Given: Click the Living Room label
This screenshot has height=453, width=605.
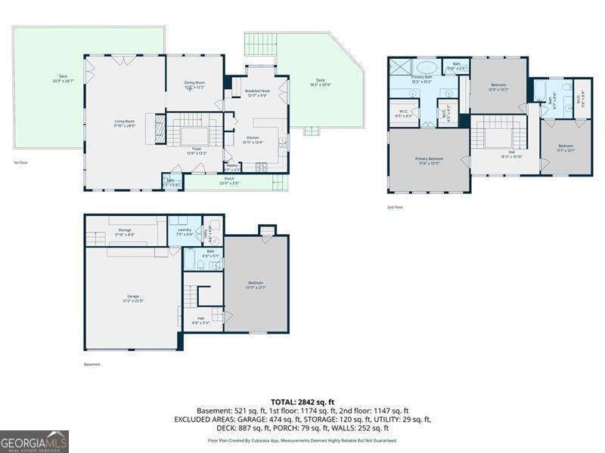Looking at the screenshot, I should [x=124, y=123].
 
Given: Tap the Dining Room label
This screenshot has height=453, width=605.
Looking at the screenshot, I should [x=196, y=84].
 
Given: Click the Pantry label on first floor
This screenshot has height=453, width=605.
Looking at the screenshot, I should [x=233, y=167].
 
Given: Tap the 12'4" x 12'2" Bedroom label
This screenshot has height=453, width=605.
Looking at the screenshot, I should [x=498, y=86].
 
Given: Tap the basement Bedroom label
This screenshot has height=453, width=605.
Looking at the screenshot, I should [x=256, y=285].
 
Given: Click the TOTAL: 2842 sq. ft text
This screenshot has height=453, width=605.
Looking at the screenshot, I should [x=302, y=402].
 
